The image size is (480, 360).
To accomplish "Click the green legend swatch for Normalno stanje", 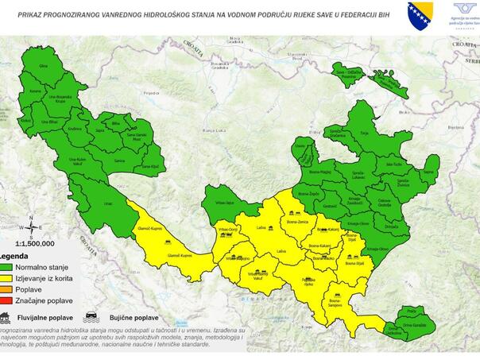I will click(x=6, y=268).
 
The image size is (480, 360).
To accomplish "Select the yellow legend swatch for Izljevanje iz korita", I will click(x=6, y=277).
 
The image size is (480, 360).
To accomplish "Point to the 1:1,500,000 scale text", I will click(x=35, y=244).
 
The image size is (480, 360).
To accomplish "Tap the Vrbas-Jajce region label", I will click(x=225, y=203).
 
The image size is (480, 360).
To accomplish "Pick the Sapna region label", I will click(x=428, y=171).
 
